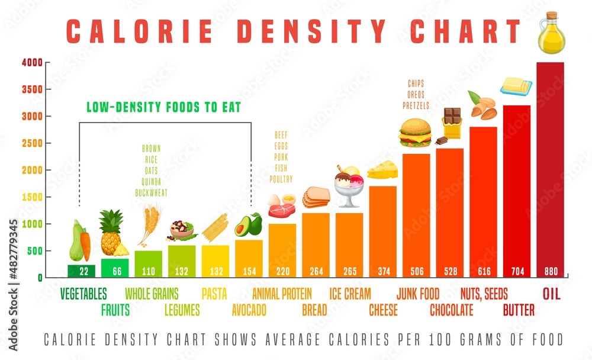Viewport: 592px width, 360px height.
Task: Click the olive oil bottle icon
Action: (551, 35)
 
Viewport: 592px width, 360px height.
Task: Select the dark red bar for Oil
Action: (550, 166)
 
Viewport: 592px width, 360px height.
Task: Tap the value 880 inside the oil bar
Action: (550, 272)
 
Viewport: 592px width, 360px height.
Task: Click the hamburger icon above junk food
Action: (415, 133)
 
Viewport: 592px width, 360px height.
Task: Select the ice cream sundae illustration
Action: (349, 185)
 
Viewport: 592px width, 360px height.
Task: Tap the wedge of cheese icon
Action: (382, 170)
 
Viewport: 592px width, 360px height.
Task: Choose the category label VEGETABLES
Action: (84, 294)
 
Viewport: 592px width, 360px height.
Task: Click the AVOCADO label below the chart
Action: (249, 310)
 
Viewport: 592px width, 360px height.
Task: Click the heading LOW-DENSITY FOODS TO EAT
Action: (163, 108)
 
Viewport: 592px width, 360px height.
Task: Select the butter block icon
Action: (516, 86)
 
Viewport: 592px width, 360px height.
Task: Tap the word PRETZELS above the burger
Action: (416, 105)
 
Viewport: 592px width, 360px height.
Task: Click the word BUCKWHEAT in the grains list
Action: (152, 193)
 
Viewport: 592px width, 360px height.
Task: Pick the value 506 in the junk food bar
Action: (416, 272)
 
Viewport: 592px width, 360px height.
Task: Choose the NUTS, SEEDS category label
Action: (483, 294)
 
